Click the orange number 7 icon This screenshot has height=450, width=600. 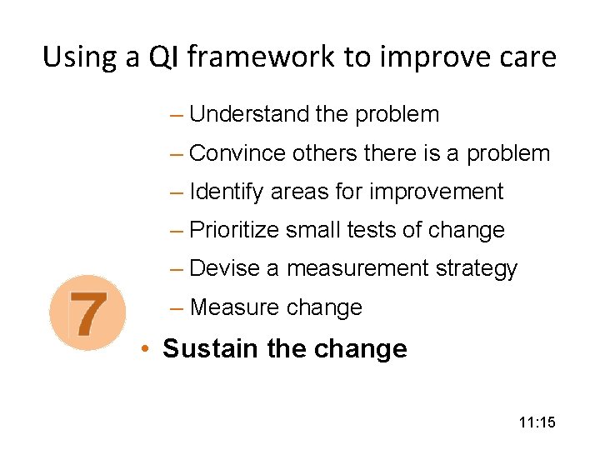pyautogui.click(x=87, y=312)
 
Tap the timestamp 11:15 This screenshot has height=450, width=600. pyautogui.click(x=536, y=423)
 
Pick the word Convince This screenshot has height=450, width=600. pyautogui.click(x=237, y=153)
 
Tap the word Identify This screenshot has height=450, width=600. pyautogui.click(x=227, y=192)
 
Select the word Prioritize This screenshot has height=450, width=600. pyautogui.click(x=235, y=230)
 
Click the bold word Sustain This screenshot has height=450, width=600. pyautogui.click(x=211, y=347)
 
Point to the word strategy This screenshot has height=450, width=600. pyautogui.click(x=476, y=269)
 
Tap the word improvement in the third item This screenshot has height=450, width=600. pyautogui.click(x=436, y=192)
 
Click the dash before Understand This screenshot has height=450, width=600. pyautogui.click(x=175, y=114)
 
